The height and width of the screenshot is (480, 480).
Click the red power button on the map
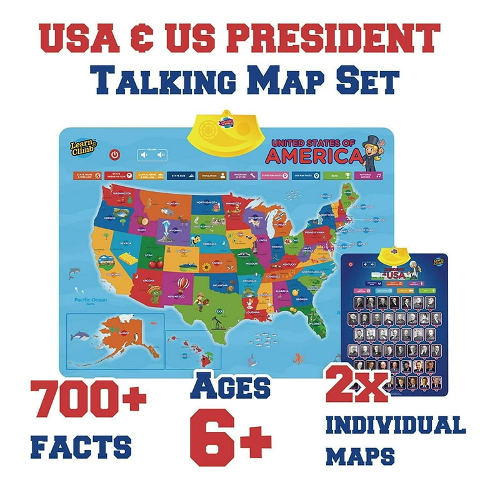click(114, 154)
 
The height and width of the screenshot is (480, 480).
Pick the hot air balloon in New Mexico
click(181, 285)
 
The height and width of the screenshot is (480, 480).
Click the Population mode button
click(209, 176)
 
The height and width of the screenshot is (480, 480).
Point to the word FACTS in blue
click(81, 447)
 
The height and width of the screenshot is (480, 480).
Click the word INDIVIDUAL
click(396, 426)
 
